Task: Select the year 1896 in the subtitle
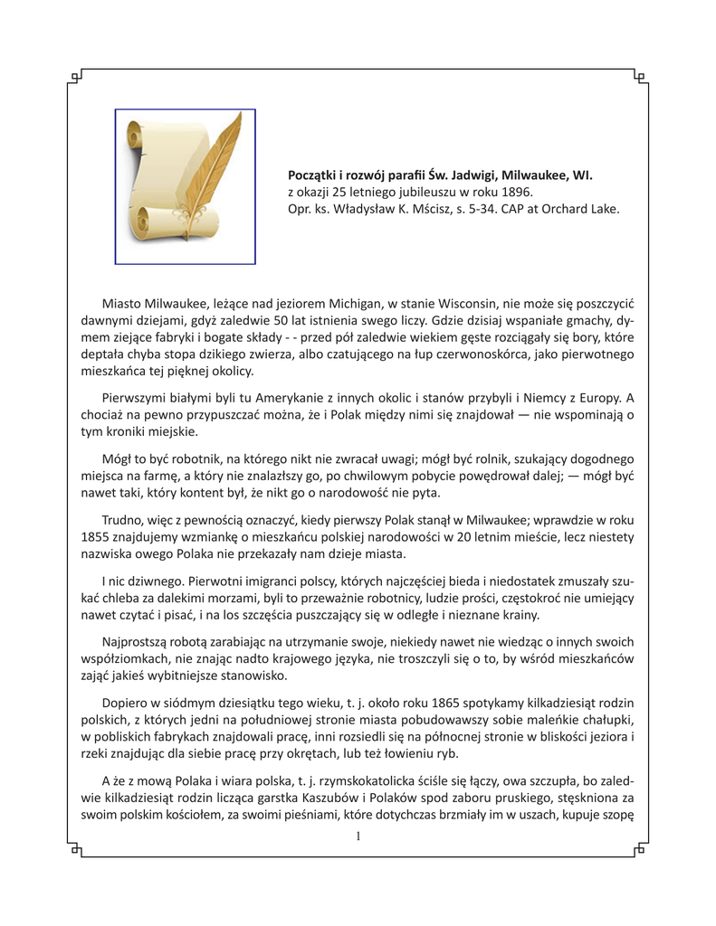pyautogui.click(x=515, y=192)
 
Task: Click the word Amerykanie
pyautogui.click(x=263, y=398)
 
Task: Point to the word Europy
pyautogui.click(x=593, y=398)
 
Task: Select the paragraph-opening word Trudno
pyautogui.click(x=127, y=521)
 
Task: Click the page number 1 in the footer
pyautogui.click(x=358, y=836)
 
